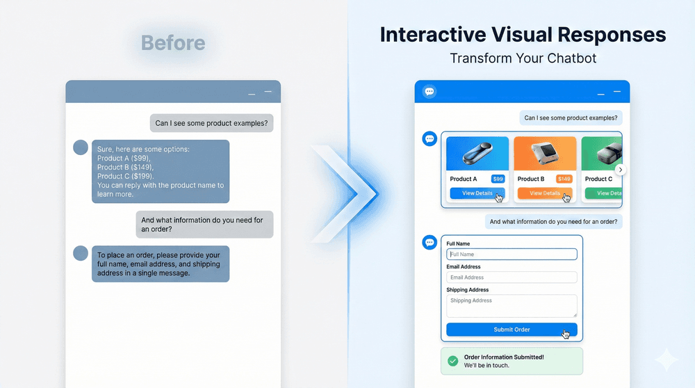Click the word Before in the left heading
point(173,43)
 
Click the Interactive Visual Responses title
point(523,35)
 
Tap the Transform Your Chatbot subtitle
point(523,58)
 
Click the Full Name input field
point(512,254)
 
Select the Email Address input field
point(512,277)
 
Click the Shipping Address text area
point(512,305)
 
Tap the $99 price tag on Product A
point(498,179)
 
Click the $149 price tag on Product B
point(564,179)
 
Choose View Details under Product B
point(544,193)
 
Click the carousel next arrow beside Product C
point(621,170)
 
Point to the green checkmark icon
point(452,361)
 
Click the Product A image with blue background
point(477,154)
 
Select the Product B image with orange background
point(545,154)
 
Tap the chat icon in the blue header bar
point(430,92)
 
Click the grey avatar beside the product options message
point(81,147)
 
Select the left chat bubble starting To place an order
point(161,264)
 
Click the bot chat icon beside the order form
point(430,242)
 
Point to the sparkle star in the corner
point(668,359)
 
